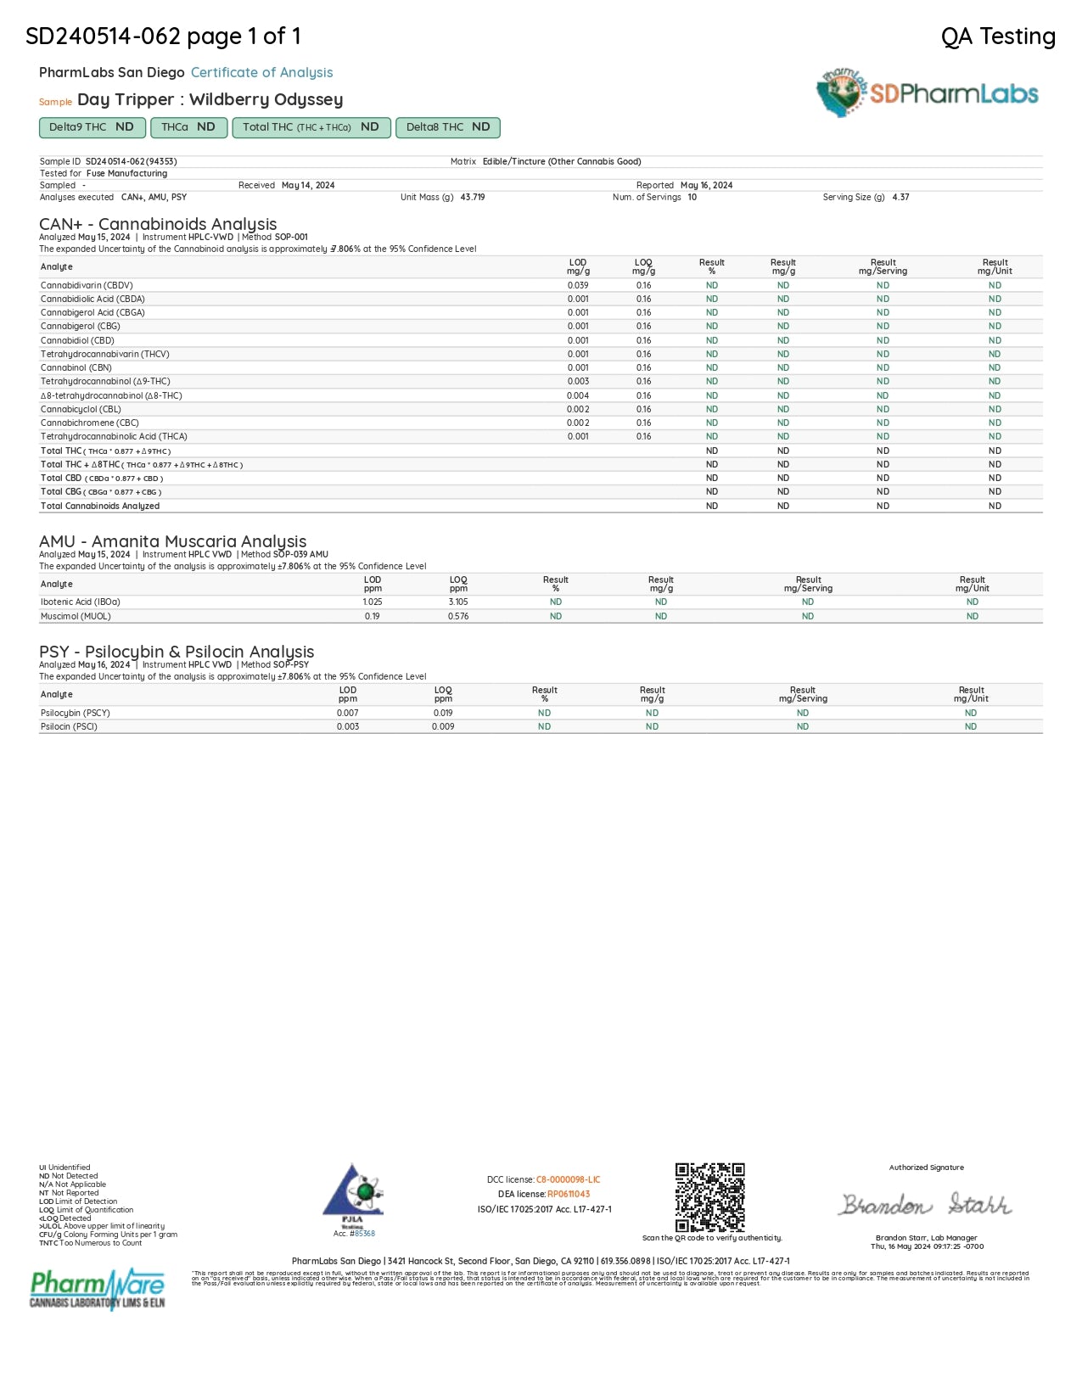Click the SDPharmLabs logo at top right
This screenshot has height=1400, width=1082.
tap(927, 92)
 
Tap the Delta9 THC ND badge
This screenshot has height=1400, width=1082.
tap(91, 127)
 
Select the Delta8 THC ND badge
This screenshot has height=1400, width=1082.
tap(447, 127)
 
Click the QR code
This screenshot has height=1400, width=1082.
tap(709, 1196)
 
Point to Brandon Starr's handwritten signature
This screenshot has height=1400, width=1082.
tap(926, 1204)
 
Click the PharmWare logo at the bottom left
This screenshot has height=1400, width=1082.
tap(98, 1288)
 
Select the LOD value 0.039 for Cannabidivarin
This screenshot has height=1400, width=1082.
tap(578, 285)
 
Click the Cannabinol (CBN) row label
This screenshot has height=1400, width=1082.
tap(76, 367)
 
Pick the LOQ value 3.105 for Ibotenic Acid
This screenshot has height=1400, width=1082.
tap(458, 602)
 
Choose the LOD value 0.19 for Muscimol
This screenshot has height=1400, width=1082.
tap(373, 616)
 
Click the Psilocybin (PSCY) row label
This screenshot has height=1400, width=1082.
tap(76, 713)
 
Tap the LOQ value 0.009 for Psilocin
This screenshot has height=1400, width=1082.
tap(443, 726)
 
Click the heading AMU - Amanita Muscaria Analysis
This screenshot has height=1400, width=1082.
tap(172, 541)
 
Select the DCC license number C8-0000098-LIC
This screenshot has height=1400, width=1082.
tap(568, 1179)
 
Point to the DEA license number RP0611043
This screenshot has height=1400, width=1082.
tap(569, 1194)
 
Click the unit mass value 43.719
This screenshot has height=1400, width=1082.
tap(473, 197)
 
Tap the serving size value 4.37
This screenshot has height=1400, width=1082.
tap(900, 197)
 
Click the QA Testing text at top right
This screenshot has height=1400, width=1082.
tap(998, 36)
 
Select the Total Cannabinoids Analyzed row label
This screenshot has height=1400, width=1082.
tap(100, 506)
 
